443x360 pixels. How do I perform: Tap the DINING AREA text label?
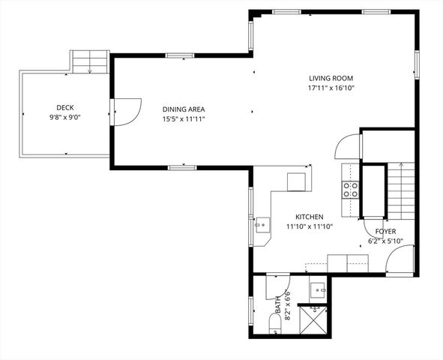click(184, 109)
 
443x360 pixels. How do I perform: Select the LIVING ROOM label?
click(331, 78)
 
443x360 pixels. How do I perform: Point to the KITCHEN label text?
click(309, 216)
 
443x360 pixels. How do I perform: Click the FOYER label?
click(385, 232)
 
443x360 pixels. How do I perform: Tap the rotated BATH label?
click(277, 305)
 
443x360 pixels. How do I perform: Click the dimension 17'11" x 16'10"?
click(331, 88)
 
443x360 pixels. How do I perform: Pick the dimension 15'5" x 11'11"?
click(184, 118)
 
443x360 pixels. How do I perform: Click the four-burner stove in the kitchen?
click(350, 190)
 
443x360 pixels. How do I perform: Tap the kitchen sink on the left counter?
click(262, 223)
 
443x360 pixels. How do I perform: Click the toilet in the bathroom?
click(274, 323)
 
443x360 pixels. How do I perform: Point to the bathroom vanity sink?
click(318, 289)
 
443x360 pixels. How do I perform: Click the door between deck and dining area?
click(124, 112)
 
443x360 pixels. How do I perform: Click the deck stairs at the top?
click(89, 61)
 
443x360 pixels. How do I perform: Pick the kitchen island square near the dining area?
click(297, 181)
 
